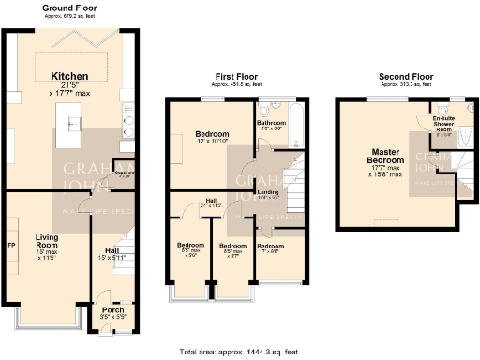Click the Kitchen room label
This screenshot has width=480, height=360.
pyautogui.click(x=69, y=76)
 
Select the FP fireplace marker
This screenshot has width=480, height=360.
pyautogui.click(x=10, y=246)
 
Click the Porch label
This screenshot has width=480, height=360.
pyautogui.click(x=112, y=310)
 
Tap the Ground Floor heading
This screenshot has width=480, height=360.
pyautogui.click(x=70, y=7)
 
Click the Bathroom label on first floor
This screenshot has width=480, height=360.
pyautogui.click(x=272, y=123)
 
